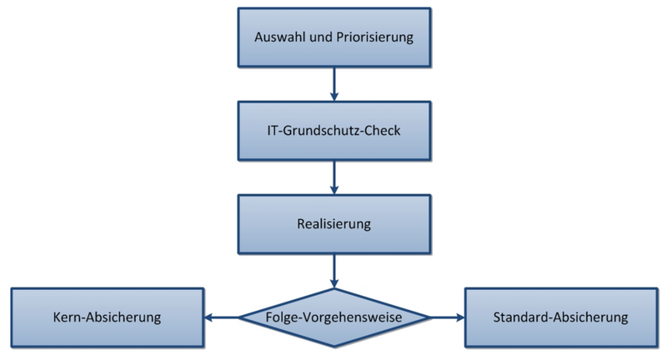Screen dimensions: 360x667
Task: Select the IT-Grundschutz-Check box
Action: tap(333, 132)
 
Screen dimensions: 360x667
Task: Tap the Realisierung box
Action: tap(333, 225)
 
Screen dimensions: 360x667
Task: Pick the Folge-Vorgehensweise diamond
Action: tap(333, 317)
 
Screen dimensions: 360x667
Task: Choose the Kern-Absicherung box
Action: tap(107, 317)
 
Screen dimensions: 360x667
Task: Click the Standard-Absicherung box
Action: tap(560, 317)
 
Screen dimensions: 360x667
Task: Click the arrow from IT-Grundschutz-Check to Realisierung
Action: tap(333, 177)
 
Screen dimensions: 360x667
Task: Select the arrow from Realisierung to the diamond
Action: tap(333, 269)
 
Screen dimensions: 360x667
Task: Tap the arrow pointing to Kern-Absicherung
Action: tap(221, 317)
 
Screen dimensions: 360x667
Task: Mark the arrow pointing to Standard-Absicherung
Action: tap(447, 317)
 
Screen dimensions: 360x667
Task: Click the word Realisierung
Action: tap(333, 225)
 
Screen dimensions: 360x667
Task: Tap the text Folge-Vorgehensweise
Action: tap(333, 317)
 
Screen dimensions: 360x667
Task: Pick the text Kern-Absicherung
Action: tap(107, 317)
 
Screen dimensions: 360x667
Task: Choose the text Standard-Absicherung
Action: tap(560, 317)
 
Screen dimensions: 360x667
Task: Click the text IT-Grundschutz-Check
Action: tap(333, 132)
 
